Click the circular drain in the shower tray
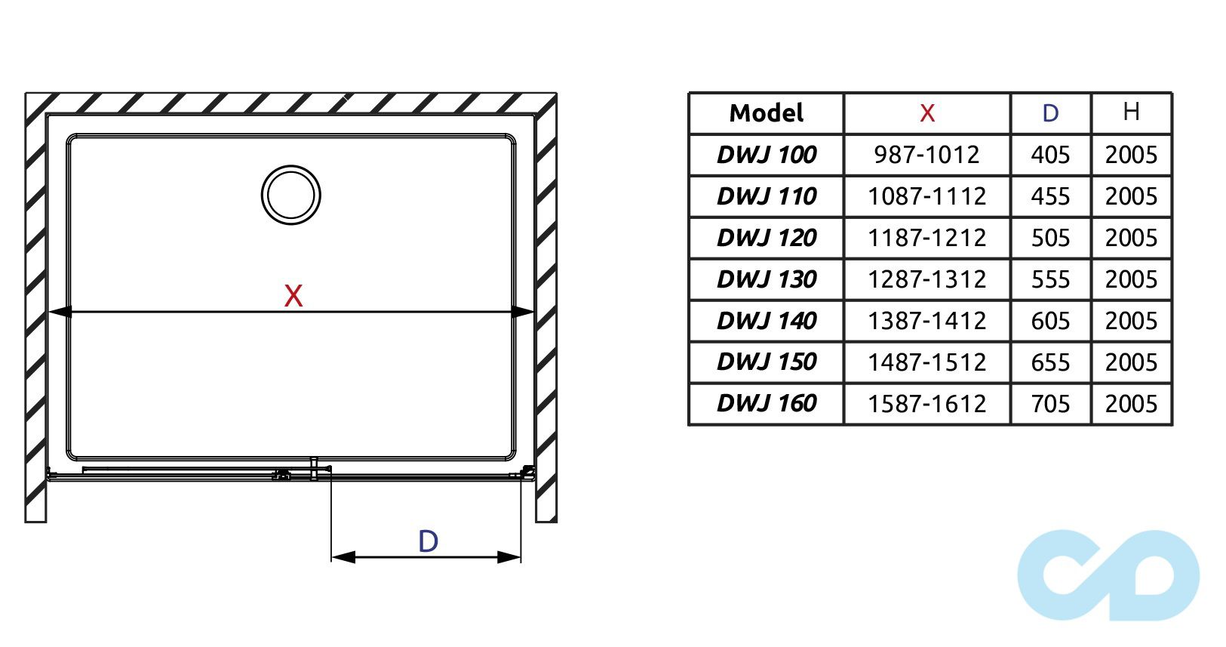click(291, 195)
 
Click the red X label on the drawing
click(293, 295)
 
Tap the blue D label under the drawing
click(428, 541)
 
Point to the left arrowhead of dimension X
click(60, 312)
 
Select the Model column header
click(766, 113)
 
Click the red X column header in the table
click(926, 113)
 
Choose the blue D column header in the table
click(1050, 113)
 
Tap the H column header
click(1130, 112)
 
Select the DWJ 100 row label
click(766, 155)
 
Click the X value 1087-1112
click(926, 196)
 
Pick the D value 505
click(1050, 238)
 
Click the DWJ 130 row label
click(766, 279)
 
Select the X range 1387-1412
click(926, 321)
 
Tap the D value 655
click(1050, 362)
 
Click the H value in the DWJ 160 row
click(1130, 404)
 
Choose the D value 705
click(1050, 404)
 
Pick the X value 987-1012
click(926, 155)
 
